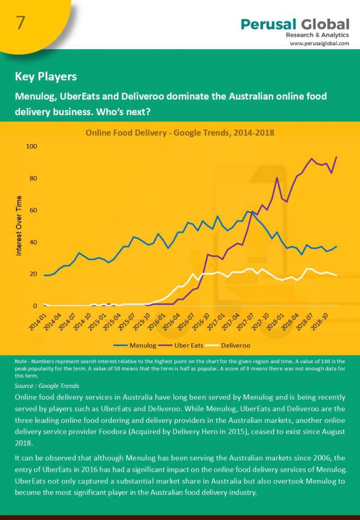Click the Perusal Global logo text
[x=295, y=24]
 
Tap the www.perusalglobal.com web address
[x=319, y=44]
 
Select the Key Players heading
[x=46, y=77]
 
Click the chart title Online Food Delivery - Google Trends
[x=180, y=133]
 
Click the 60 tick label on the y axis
[x=33, y=210]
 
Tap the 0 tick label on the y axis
[x=35, y=306]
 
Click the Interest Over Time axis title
[x=19, y=225]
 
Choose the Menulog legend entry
[x=137, y=345]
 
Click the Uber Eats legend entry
[x=188, y=345]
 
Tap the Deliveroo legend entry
[x=236, y=345]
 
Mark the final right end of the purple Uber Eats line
[x=337, y=157]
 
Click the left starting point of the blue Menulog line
[x=44, y=275]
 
